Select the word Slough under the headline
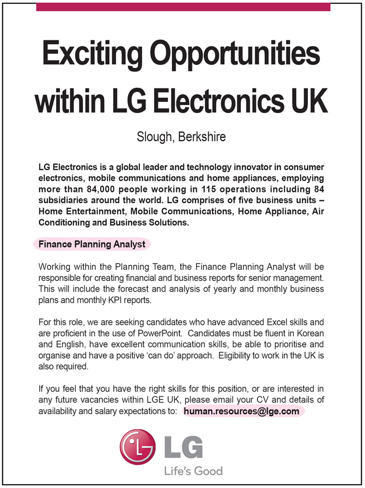click(x=155, y=137)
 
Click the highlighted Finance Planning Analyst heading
click(x=92, y=245)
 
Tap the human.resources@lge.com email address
click(x=241, y=411)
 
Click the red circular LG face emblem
click(x=137, y=447)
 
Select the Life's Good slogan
click(x=193, y=471)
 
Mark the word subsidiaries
click(x=63, y=200)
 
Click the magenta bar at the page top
click(x=182, y=7)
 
